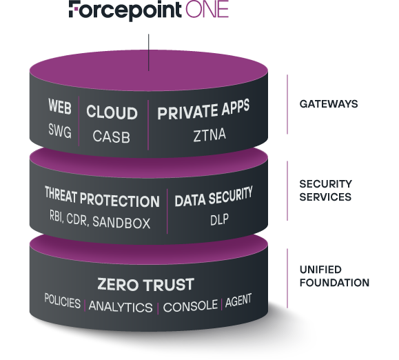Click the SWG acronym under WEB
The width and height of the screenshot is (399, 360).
60,131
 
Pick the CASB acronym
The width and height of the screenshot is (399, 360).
111,136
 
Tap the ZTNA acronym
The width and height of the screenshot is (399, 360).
203,137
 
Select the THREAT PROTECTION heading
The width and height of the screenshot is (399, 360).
102,200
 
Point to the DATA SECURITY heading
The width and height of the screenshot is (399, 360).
214,200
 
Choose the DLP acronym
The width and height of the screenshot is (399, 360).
214,222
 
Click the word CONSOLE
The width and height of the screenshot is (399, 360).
190,304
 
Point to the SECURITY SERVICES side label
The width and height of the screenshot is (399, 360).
326,190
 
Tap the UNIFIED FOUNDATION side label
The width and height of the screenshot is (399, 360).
334,276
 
